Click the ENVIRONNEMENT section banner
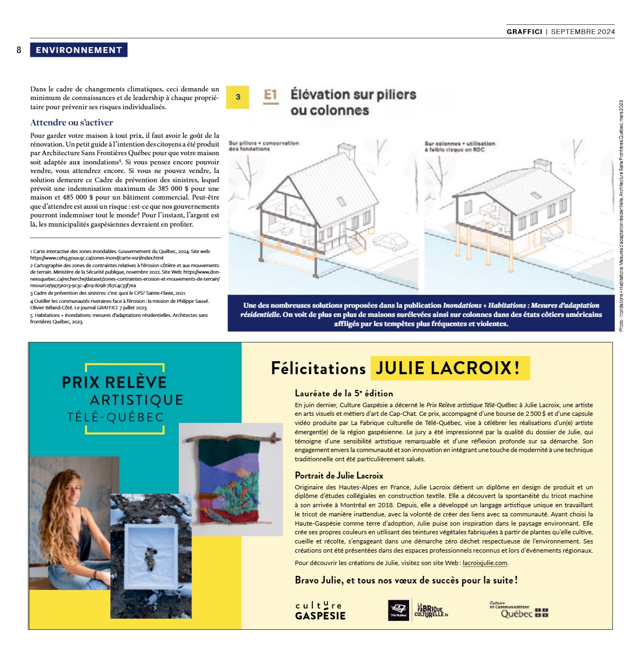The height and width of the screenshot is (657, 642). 79,50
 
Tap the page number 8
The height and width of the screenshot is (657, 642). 19,50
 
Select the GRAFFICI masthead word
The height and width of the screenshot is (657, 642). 524,32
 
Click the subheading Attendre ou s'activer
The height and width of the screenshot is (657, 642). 72,123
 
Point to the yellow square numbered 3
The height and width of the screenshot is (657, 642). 238,97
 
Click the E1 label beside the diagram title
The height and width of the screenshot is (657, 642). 271,96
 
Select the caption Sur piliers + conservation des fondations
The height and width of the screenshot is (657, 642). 263,146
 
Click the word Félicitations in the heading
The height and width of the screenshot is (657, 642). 318,369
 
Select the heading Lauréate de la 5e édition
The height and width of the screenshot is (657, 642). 344,394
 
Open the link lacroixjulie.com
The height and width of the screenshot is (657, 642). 485,563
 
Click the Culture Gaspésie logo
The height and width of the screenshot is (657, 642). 320,610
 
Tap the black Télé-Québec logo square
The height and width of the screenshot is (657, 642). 399,610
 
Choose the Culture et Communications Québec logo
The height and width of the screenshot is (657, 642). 518,610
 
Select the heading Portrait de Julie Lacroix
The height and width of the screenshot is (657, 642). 339,476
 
